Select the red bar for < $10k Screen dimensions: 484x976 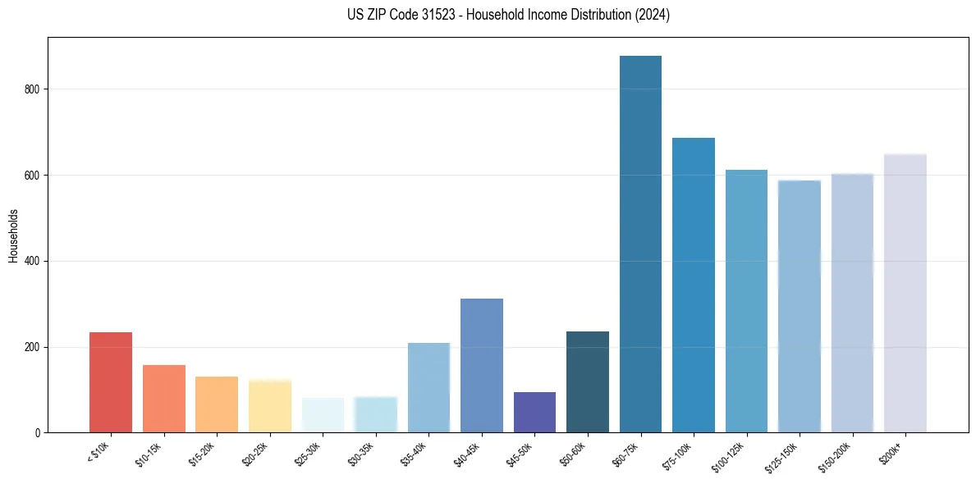tap(111, 382)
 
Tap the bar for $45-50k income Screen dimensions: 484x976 tap(534, 413)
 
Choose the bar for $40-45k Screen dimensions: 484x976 tap(482, 366)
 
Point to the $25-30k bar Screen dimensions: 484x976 tap(323, 415)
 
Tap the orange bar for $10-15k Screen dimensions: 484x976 tap(164, 399)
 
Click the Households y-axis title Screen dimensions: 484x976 tap(13, 235)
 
